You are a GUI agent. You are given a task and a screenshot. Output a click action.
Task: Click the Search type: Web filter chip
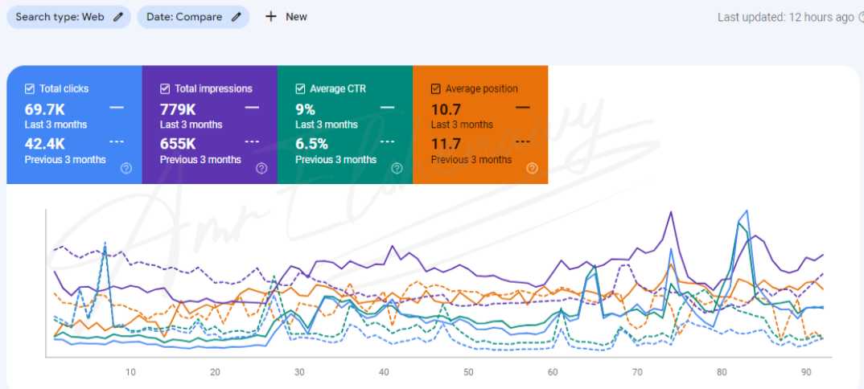[68, 17]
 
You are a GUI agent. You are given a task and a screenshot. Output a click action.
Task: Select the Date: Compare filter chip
[193, 17]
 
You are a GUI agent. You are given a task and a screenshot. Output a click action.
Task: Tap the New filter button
[286, 17]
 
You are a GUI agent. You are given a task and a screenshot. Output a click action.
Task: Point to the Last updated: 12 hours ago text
[784, 17]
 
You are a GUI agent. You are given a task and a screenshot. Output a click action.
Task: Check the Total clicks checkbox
[30, 88]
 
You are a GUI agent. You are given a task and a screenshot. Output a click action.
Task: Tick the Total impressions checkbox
[165, 88]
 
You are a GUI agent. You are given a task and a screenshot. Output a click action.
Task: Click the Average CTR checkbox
[300, 88]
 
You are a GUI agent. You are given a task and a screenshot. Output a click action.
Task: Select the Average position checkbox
[435, 88]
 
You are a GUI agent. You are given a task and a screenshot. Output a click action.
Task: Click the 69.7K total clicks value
[45, 109]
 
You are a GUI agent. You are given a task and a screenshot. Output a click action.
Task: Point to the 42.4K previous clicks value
[45, 144]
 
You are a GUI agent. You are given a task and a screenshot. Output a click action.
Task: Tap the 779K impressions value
[178, 109]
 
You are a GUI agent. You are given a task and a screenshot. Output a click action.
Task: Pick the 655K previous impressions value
[178, 144]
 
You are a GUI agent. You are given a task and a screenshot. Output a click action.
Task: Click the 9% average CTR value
[305, 109]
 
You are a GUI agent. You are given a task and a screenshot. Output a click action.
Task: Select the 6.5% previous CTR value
[311, 144]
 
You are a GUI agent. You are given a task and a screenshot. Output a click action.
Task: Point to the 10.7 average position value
[446, 109]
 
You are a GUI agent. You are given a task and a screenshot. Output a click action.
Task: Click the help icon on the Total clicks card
[126, 168]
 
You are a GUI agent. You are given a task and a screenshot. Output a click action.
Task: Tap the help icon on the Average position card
[532, 168]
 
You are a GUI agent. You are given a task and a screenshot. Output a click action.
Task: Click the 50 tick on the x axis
[468, 372]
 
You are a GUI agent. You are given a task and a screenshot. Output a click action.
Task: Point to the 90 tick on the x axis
[806, 372]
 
